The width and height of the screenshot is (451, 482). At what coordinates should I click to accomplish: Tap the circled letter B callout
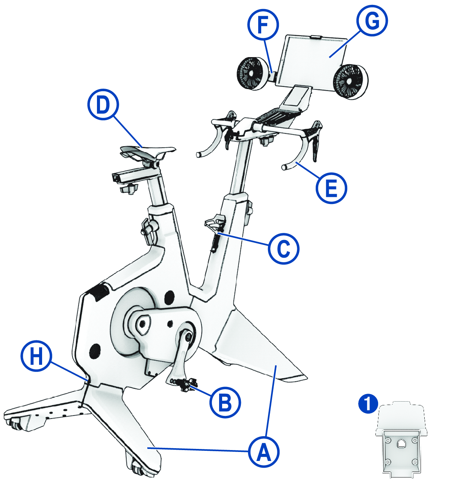pos(225,402)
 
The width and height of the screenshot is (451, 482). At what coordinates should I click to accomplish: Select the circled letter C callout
pos(284,248)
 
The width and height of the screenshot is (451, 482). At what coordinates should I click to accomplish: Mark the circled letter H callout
pos(36,355)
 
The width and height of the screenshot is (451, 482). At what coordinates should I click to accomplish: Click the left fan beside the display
pos(250,73)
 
